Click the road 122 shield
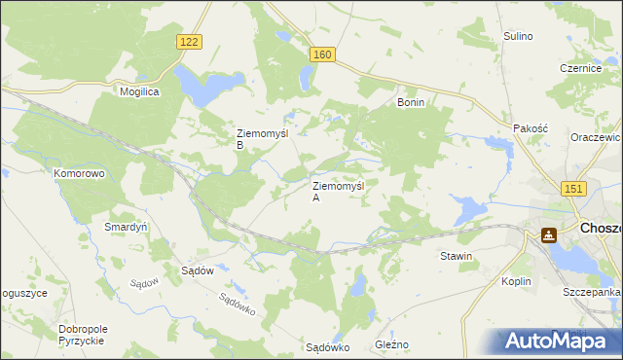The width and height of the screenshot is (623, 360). [x=190, y=41]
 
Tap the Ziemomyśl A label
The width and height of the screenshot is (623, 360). [x=337, y=191]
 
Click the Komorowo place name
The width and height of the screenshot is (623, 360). [x=79, y=172]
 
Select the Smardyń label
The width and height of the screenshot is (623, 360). [x=126, y=226]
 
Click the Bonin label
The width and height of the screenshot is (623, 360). [x=411, y=101]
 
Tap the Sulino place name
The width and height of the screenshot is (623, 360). [x=518, y=36]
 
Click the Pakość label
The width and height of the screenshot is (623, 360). [x=531, y=127]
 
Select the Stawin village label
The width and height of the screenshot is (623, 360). [x=456, y=256]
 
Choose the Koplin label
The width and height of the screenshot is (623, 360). [x=517, y=281]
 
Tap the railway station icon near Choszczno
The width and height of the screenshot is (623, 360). [x=549, y=234]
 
